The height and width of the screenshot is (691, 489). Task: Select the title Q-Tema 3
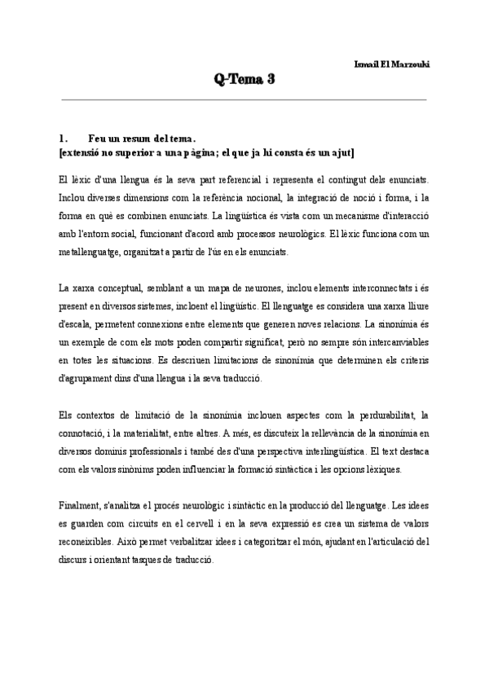[x=244, y=79]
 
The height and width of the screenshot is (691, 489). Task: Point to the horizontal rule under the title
[x=244, y=99]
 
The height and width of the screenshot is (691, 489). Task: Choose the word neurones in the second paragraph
[x=227, y=288]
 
